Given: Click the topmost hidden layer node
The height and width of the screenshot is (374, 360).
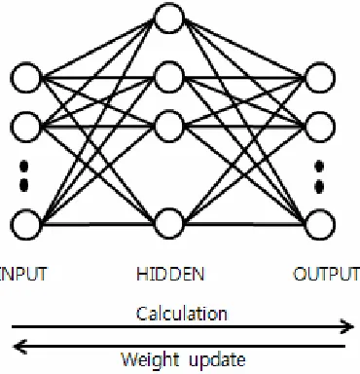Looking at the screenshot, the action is (x=169, y=19).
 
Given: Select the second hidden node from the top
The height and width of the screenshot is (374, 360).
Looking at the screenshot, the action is (x=169, y=77).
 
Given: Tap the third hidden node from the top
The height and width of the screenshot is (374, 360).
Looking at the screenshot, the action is (x=169, y=126).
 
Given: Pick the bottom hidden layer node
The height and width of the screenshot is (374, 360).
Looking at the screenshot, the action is (x=169, y=224).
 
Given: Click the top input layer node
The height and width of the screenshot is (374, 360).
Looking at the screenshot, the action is (x=26, y=78).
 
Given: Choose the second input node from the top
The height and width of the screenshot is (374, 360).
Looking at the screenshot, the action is (x=26, y=127).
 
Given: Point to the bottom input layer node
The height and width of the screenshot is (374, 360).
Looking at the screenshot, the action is (x=26, y=224).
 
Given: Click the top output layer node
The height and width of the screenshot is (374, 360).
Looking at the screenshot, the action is (x=320, y=78).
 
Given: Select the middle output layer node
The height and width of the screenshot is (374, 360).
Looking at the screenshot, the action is (x=320, y=127).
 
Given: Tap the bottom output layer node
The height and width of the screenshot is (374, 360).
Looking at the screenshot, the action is (x=320, y=224).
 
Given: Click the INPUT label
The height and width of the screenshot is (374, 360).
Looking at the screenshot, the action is (x=23, y=274).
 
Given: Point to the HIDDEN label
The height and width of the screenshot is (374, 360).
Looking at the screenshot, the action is (x=170, y=274).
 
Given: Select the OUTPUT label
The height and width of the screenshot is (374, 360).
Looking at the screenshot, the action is (x=326, y=274).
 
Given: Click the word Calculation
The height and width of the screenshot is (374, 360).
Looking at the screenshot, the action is (x=182, y=314).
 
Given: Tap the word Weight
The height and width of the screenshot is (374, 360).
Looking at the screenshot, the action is (x=151, y=360).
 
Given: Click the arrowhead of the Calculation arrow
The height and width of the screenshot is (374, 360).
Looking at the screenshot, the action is (x=347, y=326).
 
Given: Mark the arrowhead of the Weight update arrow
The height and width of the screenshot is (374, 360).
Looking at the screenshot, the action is (x=19, y=347).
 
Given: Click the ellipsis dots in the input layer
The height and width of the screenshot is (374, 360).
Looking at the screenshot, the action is (x=24, y=175).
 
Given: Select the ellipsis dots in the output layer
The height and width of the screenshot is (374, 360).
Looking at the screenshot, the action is (x=319, y=176).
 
